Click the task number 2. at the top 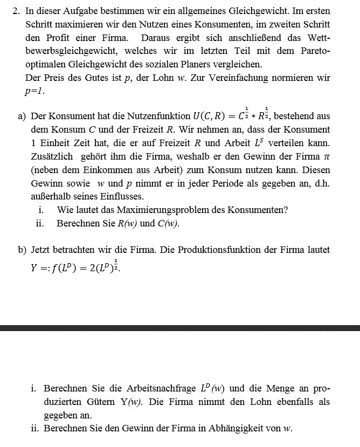pyautogui.click(x=16, y=11)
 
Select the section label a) pyautogui.click(x=22, y=116)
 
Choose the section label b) pyautogui.click(x=22, y=250)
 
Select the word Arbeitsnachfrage pyautogui.click(x=160, y=388)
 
